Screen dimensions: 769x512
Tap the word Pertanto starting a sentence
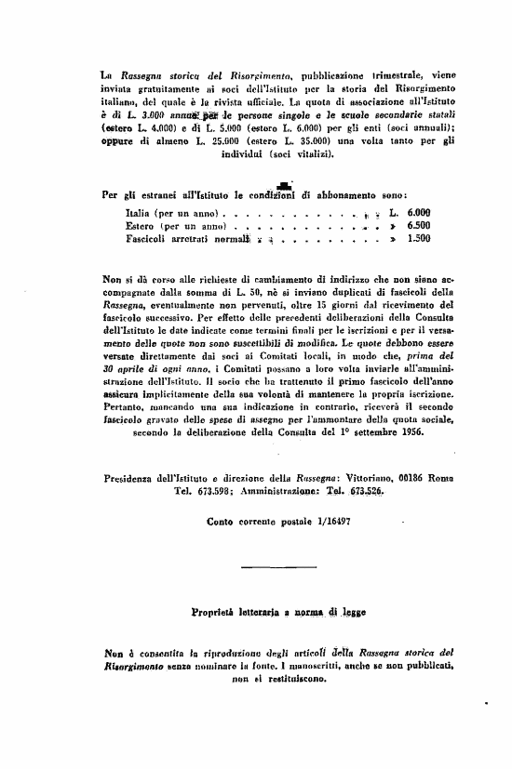pos(127,407)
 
